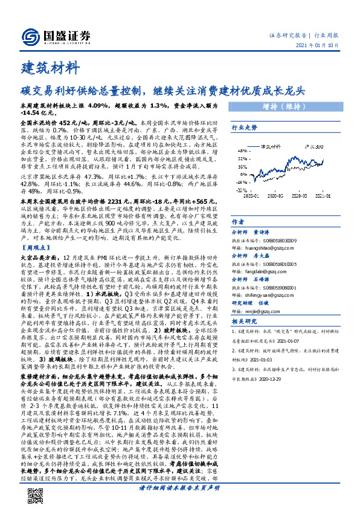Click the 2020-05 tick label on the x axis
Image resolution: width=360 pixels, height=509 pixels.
pyautogui.click(x=275, y=196)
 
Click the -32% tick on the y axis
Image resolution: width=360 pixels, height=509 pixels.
pyautogui.click(x=243, y=191)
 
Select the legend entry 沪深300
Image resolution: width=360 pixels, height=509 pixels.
pyautogui.click(x=314, y=146)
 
